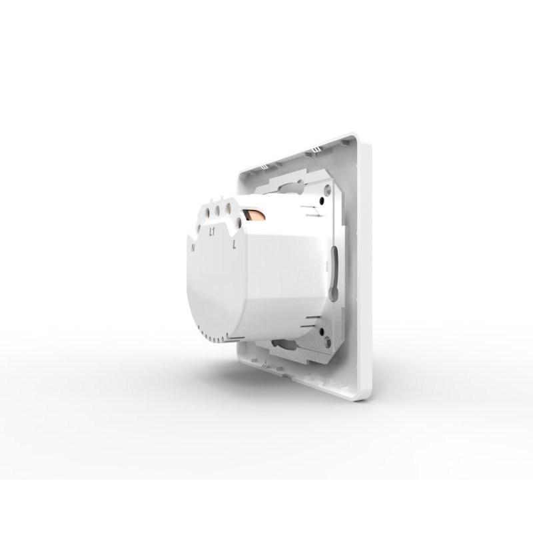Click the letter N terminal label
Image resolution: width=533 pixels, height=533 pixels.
(x=193, y=247)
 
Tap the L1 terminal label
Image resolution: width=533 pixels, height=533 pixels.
(x=211, y=232)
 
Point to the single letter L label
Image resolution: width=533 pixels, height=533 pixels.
(x=235, y=245)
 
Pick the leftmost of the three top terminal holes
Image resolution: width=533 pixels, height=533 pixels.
(x=207, y=212)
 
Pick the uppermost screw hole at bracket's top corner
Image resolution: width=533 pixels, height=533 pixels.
(x=326, y=189)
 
